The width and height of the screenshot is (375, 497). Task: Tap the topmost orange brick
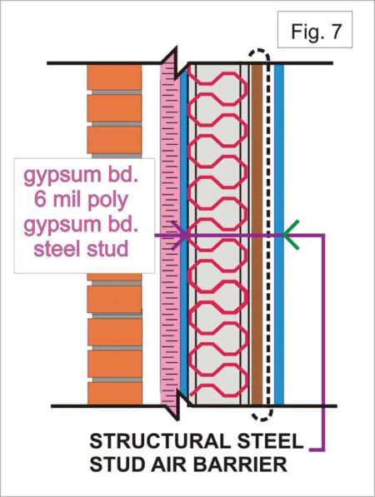click(111, 77)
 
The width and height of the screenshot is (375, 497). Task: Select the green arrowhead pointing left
click(292, 235)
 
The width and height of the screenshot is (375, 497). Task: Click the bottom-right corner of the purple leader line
click(325, 450)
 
